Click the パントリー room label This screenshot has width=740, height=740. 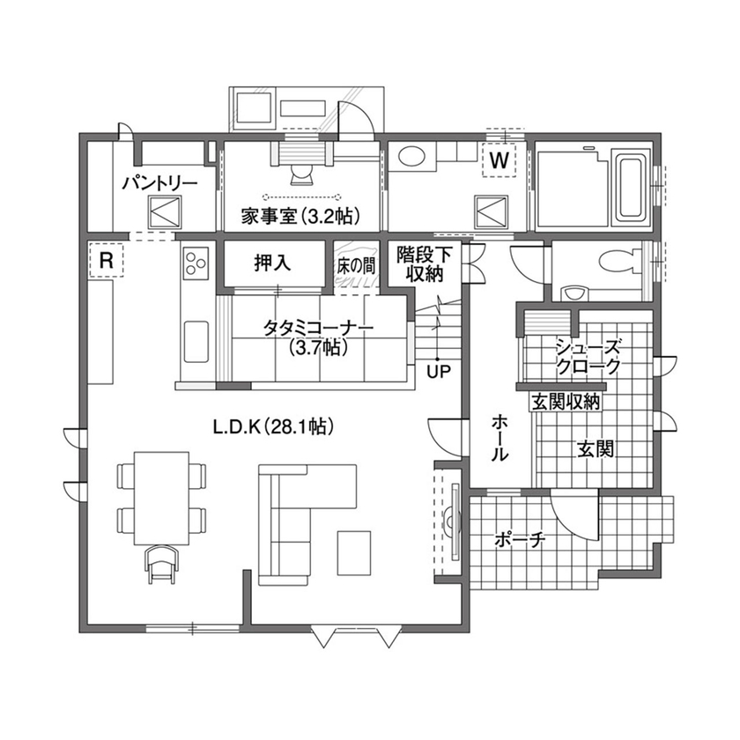159,183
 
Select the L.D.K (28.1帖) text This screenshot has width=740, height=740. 271,427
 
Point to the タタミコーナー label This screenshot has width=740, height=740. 318,328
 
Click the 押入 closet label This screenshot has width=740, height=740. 272,263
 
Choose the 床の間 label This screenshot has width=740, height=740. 356,263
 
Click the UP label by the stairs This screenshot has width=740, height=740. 437,371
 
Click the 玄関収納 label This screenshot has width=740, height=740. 565,402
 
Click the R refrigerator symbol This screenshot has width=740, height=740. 106,260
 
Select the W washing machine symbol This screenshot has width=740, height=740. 499,160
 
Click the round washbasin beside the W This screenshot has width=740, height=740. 411,158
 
